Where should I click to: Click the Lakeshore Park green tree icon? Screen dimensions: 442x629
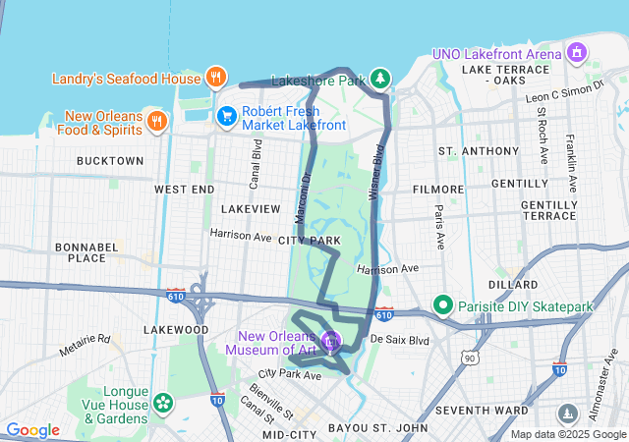[380, 78]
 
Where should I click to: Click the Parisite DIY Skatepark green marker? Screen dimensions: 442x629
[444, 306]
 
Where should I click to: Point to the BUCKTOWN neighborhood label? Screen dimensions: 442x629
[108, 160]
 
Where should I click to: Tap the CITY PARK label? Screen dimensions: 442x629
[310, 241]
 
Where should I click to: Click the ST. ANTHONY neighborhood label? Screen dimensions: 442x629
[479, 151]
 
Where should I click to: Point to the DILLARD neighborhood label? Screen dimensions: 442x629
[512, 284]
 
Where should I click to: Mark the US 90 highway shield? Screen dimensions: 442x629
[472, 359]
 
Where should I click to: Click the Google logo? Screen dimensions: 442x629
[33, 430]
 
